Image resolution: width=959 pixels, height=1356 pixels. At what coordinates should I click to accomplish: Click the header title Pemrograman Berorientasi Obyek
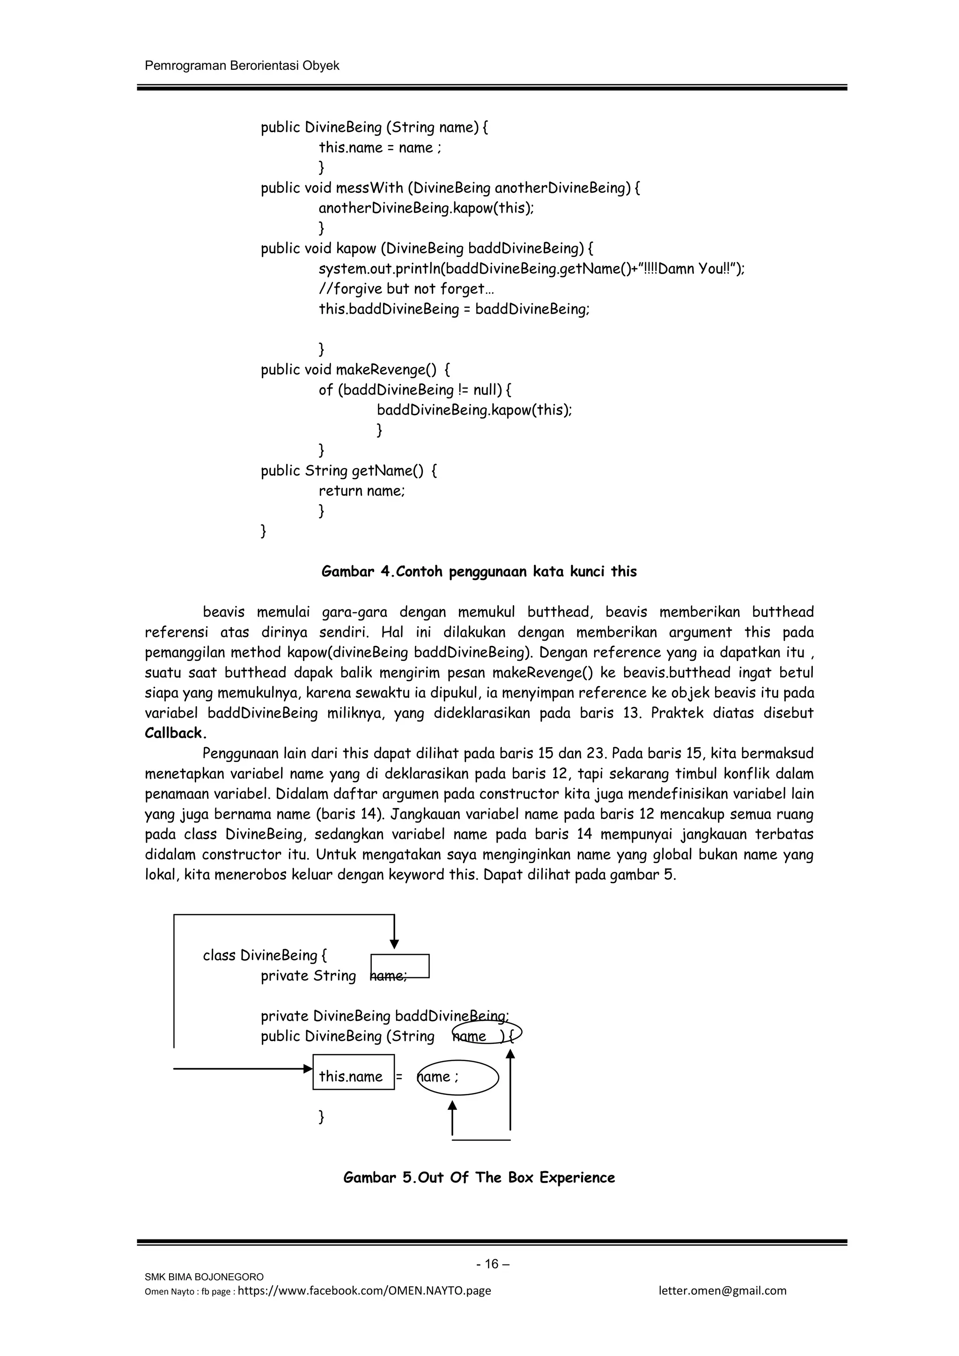242,66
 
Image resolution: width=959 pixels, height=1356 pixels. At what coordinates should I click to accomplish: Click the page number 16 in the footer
492,1264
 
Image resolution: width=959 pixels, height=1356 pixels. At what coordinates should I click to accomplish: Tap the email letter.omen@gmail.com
722,1290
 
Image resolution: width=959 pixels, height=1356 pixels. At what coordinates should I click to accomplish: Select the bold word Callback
176,733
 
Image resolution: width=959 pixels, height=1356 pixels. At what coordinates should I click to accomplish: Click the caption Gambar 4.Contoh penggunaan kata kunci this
479,572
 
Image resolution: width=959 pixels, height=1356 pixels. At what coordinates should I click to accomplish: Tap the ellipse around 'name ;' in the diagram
457,1077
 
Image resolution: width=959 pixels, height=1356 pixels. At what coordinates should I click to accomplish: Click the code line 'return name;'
361,491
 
